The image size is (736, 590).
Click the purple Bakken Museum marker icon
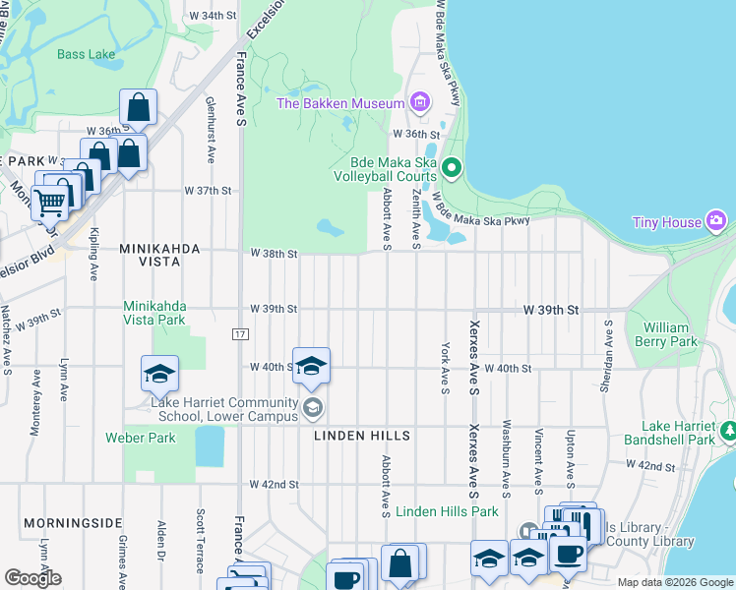pos(420,102)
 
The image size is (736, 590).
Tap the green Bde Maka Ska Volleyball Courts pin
pos(452,169)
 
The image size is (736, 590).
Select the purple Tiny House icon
pos(718,222)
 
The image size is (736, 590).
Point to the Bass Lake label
pos(86,54)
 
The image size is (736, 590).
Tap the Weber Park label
pos(141,438)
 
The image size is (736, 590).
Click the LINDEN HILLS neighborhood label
pos(361,435)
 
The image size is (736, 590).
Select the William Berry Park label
pos(669,334)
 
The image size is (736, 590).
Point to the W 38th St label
pos(274,254)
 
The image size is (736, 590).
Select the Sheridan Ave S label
pos(607,355)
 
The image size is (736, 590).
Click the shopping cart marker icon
pos(49,203)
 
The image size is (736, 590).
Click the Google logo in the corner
pos(32,577)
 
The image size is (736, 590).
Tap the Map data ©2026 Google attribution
pos(675,582)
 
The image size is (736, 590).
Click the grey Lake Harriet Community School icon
pos(312,407)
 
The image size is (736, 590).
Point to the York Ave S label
pos(445,364)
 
